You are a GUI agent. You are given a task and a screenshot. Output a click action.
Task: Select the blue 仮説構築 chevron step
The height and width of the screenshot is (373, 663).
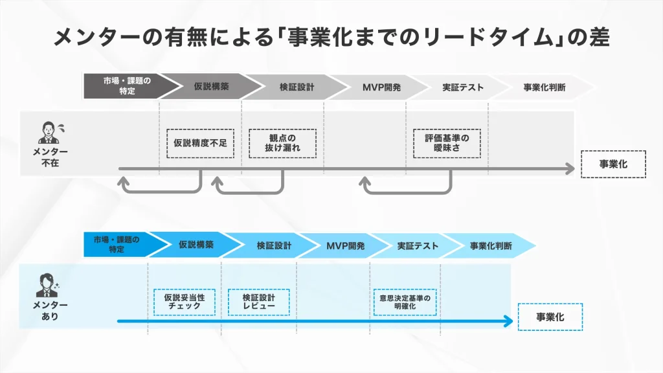(196, 245)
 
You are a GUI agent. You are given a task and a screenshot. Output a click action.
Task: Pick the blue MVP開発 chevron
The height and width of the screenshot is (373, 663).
(345, 245)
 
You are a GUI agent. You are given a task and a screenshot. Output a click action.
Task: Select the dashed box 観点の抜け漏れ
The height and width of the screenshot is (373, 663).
(282, 143)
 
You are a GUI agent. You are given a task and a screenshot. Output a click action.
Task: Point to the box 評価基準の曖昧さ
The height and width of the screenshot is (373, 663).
(447, 143)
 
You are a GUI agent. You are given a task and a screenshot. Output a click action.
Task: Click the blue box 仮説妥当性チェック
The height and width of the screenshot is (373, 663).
(185, 302)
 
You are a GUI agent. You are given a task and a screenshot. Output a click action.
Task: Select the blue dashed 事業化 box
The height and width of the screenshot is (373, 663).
(550, 317)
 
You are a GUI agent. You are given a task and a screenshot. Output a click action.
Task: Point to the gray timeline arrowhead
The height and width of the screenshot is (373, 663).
(570, 170)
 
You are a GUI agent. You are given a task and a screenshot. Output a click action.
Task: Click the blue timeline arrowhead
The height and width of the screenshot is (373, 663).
(508, 321)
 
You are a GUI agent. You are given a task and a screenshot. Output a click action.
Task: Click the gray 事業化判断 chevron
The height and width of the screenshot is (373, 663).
(544, 87)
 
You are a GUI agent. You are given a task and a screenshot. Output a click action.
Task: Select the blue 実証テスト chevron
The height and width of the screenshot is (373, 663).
(418, 245)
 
